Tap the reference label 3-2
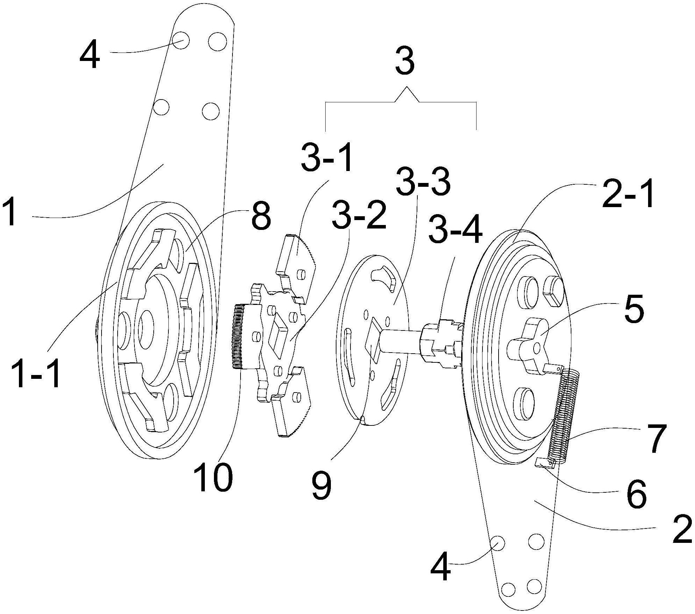click(x=359, y=215)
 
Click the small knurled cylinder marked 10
click(x=238, y=336)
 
